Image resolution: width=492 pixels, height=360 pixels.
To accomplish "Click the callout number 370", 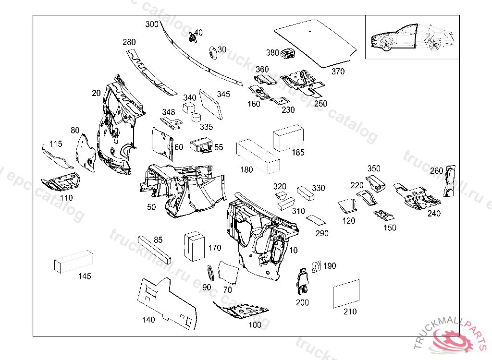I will (338, 72).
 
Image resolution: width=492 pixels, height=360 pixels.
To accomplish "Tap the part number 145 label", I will (85, 276).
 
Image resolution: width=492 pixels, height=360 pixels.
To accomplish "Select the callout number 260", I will (436, 171).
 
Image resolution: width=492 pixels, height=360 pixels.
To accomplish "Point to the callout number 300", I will (151, 24).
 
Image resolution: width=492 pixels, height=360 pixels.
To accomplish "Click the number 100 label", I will (255, 325).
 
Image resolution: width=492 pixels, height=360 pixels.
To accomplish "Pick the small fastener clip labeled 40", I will (193, 36).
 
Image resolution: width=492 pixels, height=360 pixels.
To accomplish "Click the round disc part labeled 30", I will (213, 53).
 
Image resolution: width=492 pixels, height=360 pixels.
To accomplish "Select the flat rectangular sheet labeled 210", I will (346, 293).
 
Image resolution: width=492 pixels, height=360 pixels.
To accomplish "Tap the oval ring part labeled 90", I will (210, 272).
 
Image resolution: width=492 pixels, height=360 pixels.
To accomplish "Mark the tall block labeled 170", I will (194, 246).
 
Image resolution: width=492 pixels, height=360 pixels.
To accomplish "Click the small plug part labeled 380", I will (288, 54).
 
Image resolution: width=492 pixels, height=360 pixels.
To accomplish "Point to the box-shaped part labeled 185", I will (288, 136).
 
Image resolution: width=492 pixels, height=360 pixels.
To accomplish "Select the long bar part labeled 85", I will (154, 249).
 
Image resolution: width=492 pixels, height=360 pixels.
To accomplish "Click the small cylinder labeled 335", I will (197, 117).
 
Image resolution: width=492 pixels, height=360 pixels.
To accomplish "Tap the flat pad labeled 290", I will (315, 220).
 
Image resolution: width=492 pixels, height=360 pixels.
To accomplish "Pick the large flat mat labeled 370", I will (315, 42).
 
